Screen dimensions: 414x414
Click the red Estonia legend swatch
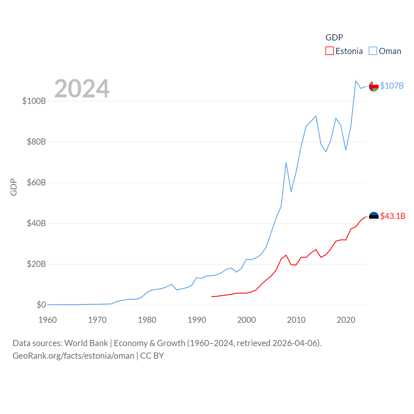click(x=329, y=51)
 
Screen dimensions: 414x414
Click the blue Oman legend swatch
click(x=373, y=51)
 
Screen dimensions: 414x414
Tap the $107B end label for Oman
click(x=392, y=86)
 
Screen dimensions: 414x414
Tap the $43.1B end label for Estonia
click(x=393, y=216)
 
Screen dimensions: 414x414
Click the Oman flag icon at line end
click(x=374, y=86)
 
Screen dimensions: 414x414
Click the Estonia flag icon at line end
click(x=374, y=216)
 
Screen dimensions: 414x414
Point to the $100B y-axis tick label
click(x=34, y=101)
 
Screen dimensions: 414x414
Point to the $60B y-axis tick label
click(x=36, y=182)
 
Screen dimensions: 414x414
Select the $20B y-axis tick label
click(x=36, y=264)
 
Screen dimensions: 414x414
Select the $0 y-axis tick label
click(x=41, y=305)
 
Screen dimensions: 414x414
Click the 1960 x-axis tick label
click(x=48, y=320)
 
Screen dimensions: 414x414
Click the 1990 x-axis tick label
click(x=197, y=320)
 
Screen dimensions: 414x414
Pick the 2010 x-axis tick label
click(x=296, y=320)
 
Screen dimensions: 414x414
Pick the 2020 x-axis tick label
click(x=346, y=320)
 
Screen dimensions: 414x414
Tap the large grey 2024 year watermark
click(x=82, y=89)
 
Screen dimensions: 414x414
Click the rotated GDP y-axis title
click(x=14, y=187)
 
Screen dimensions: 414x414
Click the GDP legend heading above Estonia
click(x=334, y=38)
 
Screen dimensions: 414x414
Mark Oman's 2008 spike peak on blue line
click(x=286, y=163)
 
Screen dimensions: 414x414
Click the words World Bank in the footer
click(x=86, y=343)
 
